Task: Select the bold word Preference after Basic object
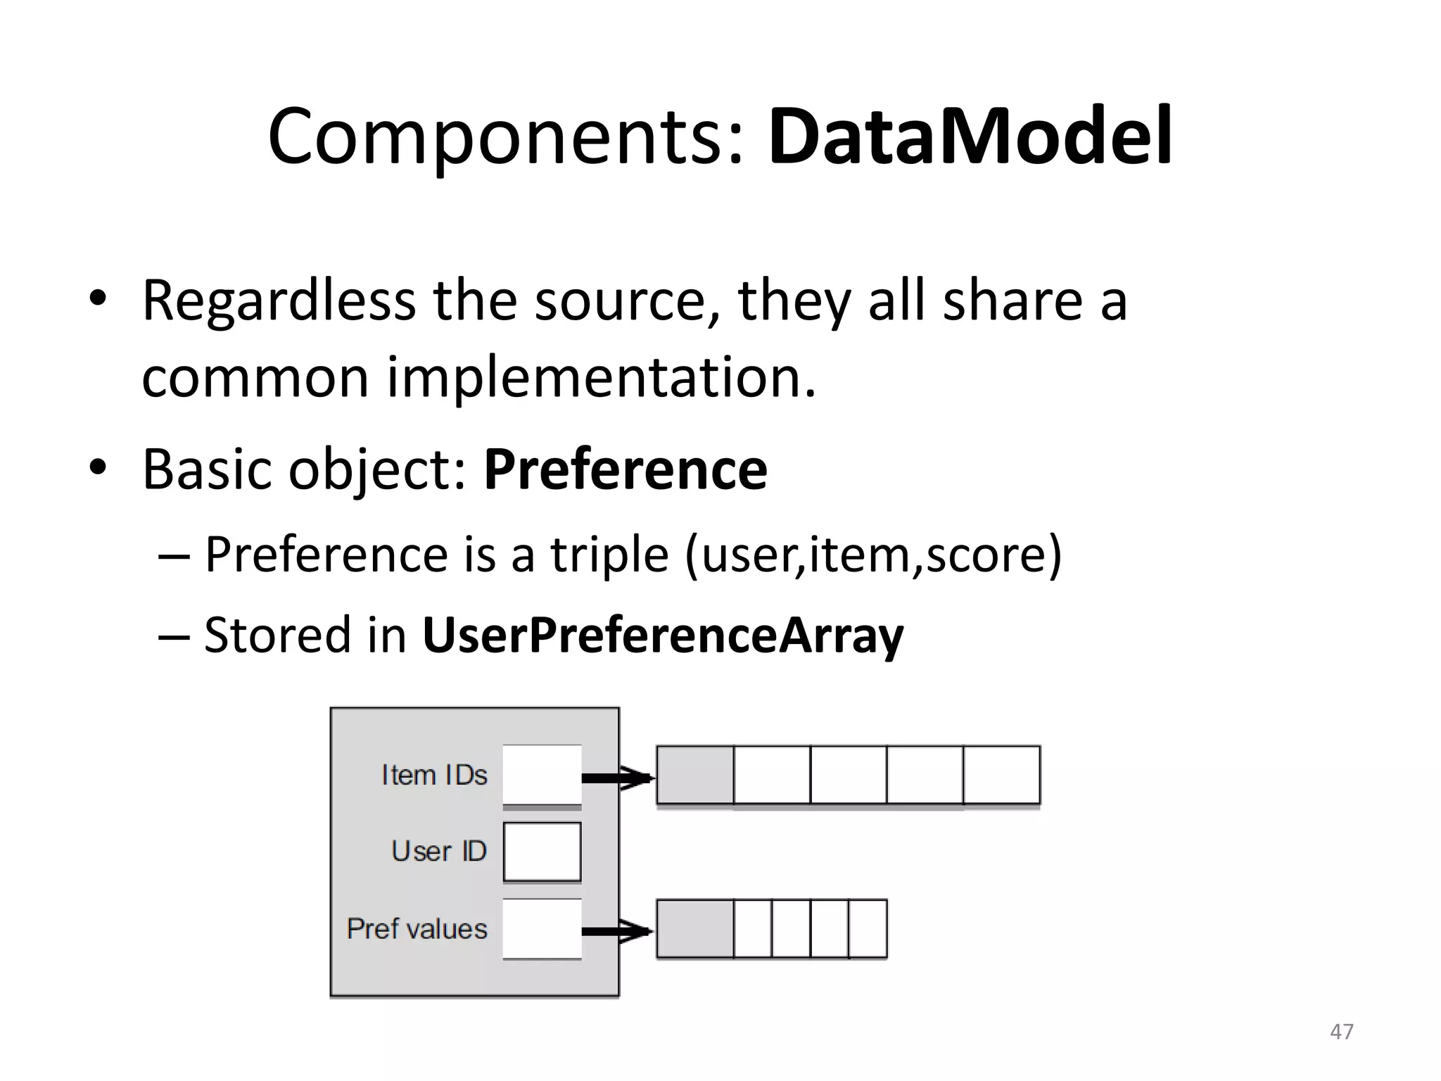[625, 469]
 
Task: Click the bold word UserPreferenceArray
[662, 635]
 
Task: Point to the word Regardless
[279, 301]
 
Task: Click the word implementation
[601, 377]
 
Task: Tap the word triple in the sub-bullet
[609, 555]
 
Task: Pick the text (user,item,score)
[872, 555]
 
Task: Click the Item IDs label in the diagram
[434, 775]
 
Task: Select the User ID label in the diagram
[439, 851]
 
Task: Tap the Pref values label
[417, 928]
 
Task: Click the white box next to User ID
[542, 852]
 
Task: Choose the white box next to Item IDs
[542, 774]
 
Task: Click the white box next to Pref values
[542, 928]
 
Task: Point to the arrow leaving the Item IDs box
[618, 778]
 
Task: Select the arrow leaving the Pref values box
[618, 932]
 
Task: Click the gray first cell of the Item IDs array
[694, 775]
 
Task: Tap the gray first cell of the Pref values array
[694, 929]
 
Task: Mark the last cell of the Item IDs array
[1001, 775]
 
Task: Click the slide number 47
[1341, 1032]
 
